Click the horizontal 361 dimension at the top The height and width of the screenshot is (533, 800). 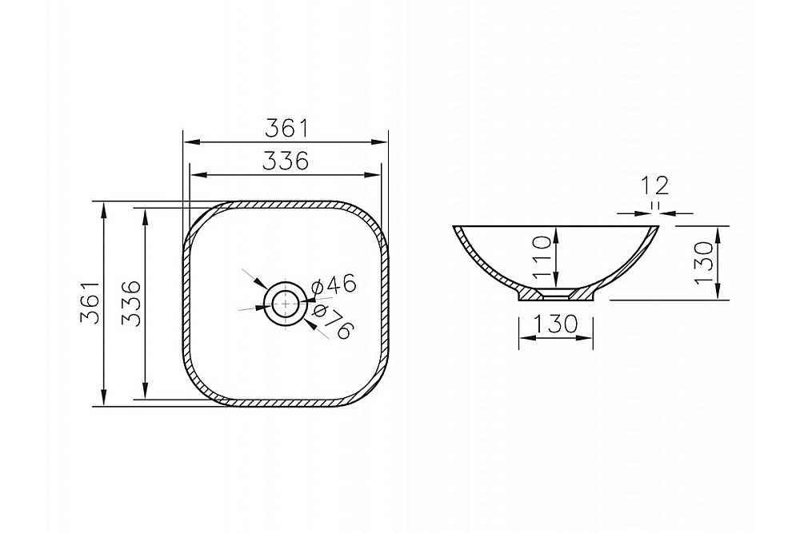[x=286, y=128]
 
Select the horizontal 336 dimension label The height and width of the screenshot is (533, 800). [x=286, y=161]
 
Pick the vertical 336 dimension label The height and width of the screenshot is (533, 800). [x=131, y=303]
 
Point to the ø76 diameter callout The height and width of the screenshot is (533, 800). [x=332, y=321]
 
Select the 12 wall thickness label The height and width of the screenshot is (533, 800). [x=655, y=186]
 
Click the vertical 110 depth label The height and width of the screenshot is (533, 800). [x=542, y=257]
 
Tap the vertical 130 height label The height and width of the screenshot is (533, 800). [x=703, y=262]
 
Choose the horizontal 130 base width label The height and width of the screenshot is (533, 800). [x=556, y=324]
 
